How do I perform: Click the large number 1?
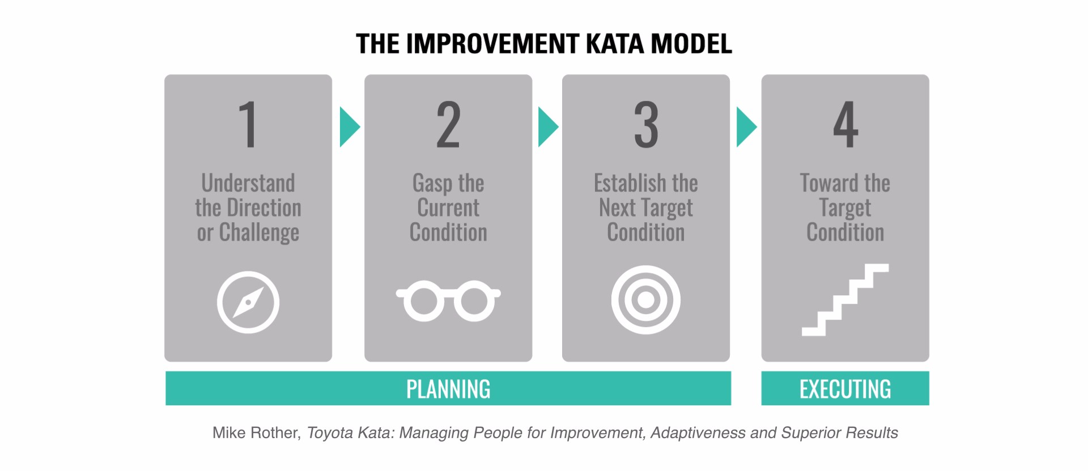pyautogui.click(x=248, y=125)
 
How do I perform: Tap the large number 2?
pyautogui.click(x=448, y=125)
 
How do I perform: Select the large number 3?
pyautogui.click(x=646, y=125)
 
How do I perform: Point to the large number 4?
pyautogui.click(x=845, y=125)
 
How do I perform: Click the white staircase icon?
pyautogui.click(x=845, y=300)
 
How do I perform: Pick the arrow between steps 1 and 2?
pyautogui.click(x=350, y=127)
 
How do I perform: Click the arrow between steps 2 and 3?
pyautogui.click(x=548, y=127)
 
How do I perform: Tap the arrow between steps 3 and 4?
pyautogui.click(x=746, y=127)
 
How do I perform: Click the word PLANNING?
pyautogui.click(x=448, y=389)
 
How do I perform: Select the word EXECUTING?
pyautogui.click(x=845, y=389)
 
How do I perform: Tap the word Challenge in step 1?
pyautogui.click(x=259, y=233)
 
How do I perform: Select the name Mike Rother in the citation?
pyautogui.click(x=256, y=433)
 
